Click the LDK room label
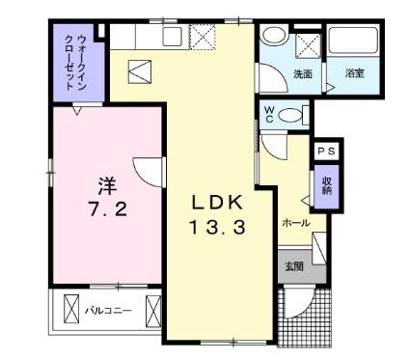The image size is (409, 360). point(217,203)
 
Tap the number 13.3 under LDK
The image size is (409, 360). point(217,226)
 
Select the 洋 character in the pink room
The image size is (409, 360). point(107,186)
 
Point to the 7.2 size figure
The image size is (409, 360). point(108,209)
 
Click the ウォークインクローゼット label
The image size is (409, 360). point(76,63)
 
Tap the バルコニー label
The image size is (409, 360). point(108,311)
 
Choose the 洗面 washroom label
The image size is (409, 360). point(303,74)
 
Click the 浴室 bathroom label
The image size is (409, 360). point(354,73)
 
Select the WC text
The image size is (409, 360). point(268,115)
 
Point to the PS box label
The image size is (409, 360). point(326,151)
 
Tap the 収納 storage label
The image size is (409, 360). point(327,185)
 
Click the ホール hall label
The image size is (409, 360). point(296,223)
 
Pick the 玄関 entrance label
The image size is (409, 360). point(294,266)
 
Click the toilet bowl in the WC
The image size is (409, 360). point(289,115)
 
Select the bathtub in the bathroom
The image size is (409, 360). point(353,41)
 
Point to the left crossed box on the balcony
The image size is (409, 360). point(71,309)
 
